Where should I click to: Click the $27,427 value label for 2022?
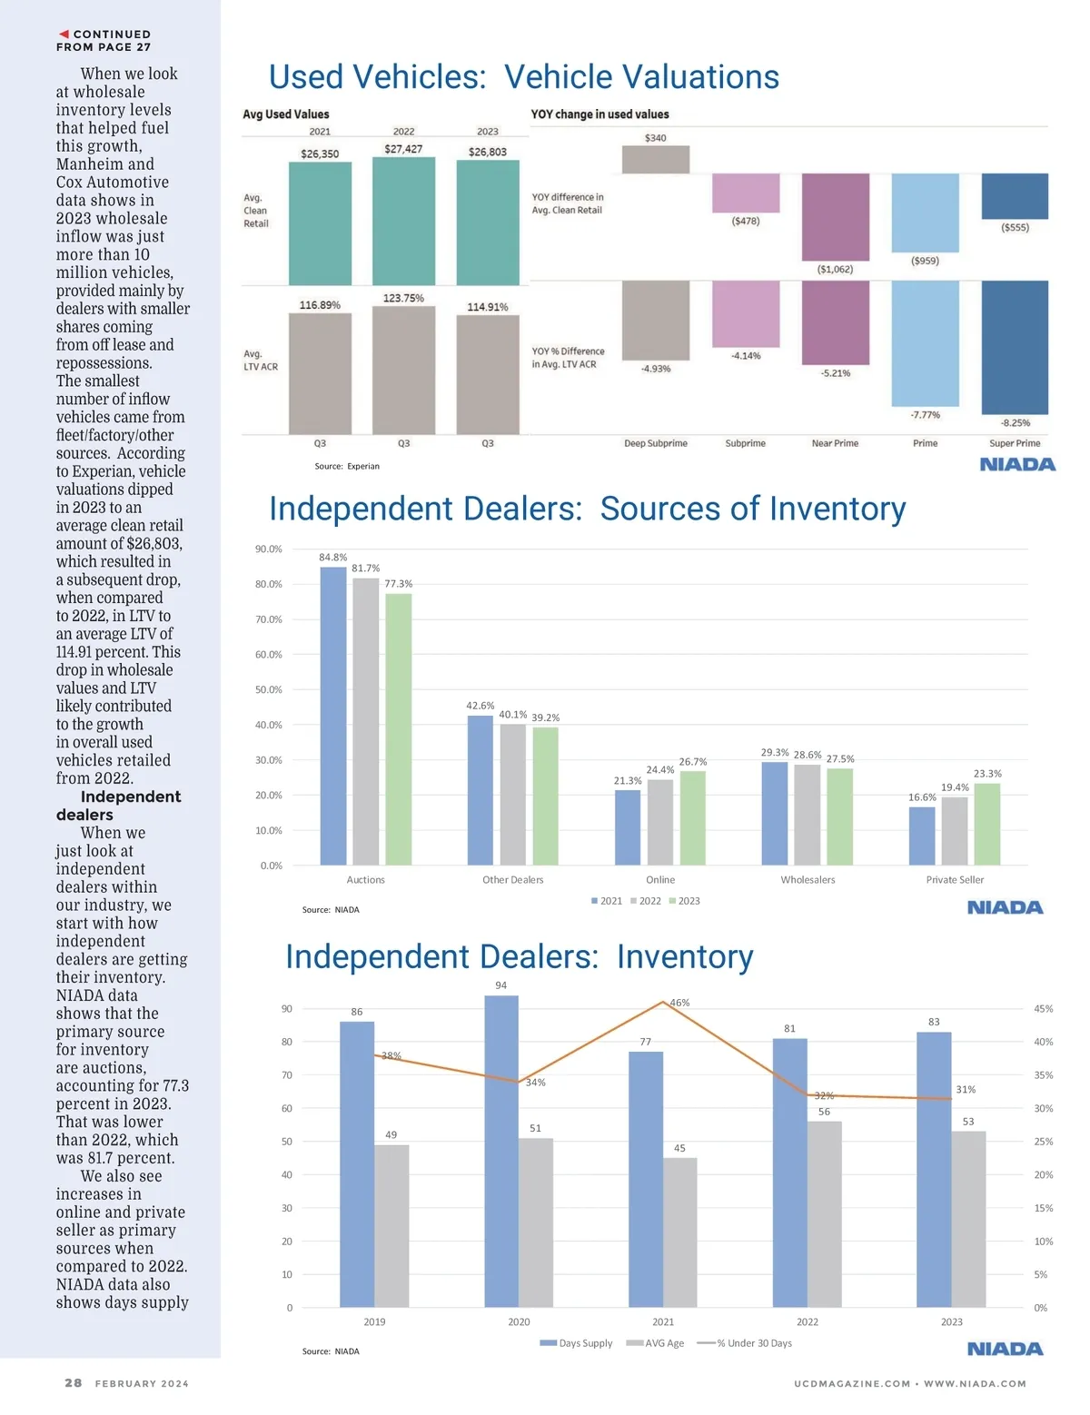pos(403,149)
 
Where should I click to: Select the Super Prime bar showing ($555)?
pos(1015,196)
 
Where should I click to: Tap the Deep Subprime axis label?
pos(656,443)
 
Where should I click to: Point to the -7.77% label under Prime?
pos(925,415)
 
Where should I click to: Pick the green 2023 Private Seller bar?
pos(987,824)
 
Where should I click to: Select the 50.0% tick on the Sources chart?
pos(269,690)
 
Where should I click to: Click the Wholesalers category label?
pos(808,880)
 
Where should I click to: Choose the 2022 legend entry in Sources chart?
pos(646,901)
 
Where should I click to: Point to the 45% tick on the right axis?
pos(1043,1009)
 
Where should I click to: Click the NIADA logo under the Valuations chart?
pos(1017,465)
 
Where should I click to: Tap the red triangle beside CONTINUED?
pos(64,35)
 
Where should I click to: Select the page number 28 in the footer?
pos(74,1383)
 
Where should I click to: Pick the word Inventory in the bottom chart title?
pos(685,957)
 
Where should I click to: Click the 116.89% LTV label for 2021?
pos(320,305)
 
